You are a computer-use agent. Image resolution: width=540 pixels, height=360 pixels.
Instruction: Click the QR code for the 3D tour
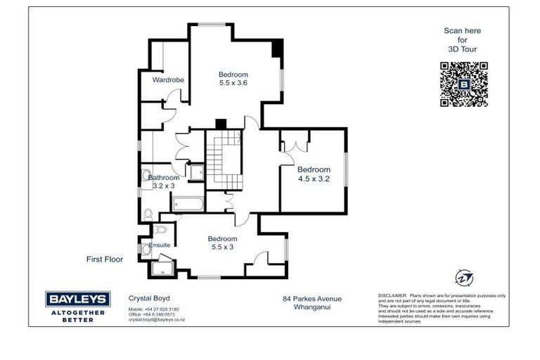[x=463, y=84]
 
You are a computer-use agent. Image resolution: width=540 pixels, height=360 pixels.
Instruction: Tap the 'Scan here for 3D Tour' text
[x=462, y=40]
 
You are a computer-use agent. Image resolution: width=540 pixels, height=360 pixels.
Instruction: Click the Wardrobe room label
[x=168, y=80]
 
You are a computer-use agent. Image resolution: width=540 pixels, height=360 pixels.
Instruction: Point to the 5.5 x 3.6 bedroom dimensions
[x=233, y=83]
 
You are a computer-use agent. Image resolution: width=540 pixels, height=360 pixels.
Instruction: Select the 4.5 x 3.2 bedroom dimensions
[x=313, y=178]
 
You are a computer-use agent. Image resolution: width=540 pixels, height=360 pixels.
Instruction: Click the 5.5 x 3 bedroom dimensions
[x=222, y=247]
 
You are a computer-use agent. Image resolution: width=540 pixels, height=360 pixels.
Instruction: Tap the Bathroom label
[x=164, y=178]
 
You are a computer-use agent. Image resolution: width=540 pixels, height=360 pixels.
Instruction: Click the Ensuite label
[x=160, y=245]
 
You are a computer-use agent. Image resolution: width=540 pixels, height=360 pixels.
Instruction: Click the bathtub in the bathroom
[x=188, y=205]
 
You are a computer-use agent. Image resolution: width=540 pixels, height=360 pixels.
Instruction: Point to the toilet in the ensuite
[x=161, y=229]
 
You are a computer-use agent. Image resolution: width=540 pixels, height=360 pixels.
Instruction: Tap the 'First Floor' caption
[x=105, y=259]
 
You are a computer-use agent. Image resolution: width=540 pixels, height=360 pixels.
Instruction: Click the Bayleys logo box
[x=77, y=299]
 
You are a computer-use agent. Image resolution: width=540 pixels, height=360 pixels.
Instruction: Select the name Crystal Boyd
[x=149, y=298]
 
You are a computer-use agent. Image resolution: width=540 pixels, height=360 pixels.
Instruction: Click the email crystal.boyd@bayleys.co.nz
[x=156, y=319]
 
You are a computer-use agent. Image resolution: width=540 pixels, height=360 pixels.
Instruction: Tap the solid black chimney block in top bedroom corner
[x=277, y=49]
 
